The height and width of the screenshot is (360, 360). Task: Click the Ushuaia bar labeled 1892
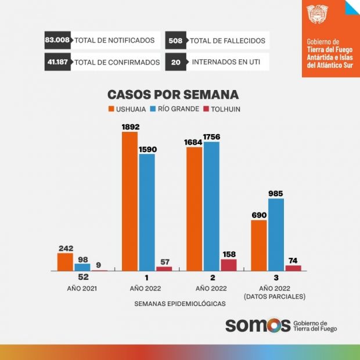[129, 201]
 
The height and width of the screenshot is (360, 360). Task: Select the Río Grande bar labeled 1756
[212, 206]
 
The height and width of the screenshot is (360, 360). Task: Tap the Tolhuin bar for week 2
[229, 265]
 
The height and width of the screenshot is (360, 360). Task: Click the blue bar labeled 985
[276, 235]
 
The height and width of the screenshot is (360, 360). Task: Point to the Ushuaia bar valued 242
[65, 262]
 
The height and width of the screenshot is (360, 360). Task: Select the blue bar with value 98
[82, 267]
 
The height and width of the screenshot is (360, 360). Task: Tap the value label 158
[229, 254]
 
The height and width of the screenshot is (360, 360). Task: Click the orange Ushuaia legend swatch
[111, 109]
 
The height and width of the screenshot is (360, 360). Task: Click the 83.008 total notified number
[57, 41]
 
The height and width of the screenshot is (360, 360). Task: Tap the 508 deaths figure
[176, 41]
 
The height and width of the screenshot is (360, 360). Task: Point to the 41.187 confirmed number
[57, 62]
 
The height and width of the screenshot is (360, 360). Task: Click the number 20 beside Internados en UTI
[174, 62]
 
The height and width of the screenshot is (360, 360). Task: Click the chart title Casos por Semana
[173, 95]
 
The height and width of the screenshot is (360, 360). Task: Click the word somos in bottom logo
[257, 325]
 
